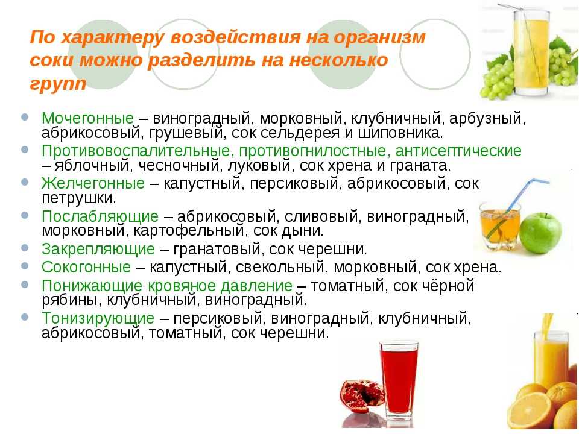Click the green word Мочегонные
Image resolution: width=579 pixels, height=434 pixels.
click(x=87, y=119)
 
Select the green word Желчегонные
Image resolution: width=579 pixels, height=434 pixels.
click(x=93, y=183)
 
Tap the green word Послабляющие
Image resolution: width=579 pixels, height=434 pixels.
click(x=100, y=216)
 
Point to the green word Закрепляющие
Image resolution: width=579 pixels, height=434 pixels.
click(x=98, y=249)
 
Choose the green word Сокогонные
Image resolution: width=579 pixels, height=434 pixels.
click(x=86, y=267)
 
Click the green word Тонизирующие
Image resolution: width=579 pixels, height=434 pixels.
click(x=98, y=318)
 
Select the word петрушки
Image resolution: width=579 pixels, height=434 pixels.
click(x=79, y=198)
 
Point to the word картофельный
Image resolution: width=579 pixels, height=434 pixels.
click(x=189, y=231)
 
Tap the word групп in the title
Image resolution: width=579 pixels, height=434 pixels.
click(x=58, y=84)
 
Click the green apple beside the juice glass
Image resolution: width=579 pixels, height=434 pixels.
click(x=540, y=233)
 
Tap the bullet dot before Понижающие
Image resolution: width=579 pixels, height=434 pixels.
click(x=25, y=285)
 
